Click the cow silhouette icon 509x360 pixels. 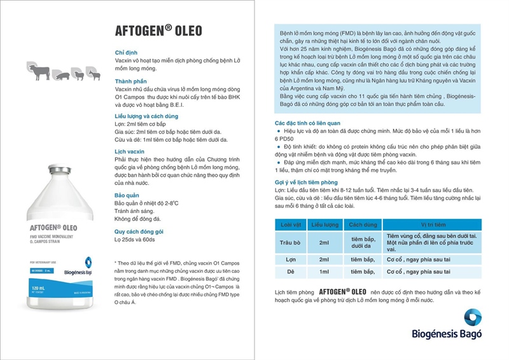40,72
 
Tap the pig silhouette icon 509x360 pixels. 62,76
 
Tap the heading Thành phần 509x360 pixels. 132,82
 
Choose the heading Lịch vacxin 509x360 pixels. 130,153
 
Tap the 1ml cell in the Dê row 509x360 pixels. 324,272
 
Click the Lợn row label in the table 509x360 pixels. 290,260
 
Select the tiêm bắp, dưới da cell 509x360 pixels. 362,242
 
